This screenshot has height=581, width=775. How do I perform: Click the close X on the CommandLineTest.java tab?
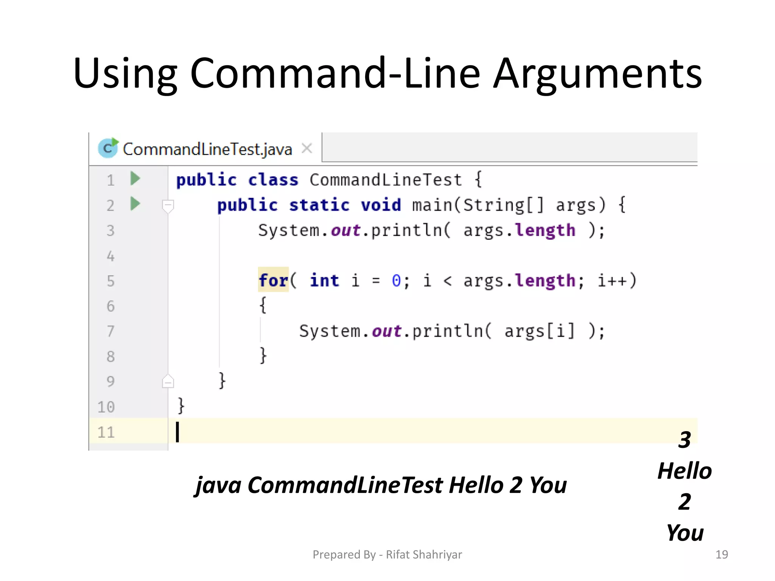pos(307,148)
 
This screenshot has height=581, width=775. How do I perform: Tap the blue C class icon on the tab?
pos(108,148)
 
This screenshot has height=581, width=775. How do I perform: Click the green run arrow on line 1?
pos(135,178)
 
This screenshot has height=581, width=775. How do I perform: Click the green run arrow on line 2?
pos(135,204)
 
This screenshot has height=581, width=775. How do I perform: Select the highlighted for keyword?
pos(273,280)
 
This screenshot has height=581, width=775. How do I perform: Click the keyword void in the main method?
pos(381,205)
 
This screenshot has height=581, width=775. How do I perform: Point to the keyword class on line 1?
pos(273,180)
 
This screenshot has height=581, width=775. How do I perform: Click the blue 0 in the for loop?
pos(396,281)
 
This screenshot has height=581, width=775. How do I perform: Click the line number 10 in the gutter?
pos(106,407)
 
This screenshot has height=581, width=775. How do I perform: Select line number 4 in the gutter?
pos(110,256)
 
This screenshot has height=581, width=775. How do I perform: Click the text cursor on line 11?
pos(177,432)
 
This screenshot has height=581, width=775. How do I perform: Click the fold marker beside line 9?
pos(168,381)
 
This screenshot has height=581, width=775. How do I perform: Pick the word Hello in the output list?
pos(685,471)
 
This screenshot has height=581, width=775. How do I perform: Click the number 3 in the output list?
pos(685,440)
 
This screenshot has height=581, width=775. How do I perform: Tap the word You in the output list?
pos(685,533)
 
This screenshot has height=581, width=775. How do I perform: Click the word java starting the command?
pos(218,485)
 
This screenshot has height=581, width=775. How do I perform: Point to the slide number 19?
pos(722,555)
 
